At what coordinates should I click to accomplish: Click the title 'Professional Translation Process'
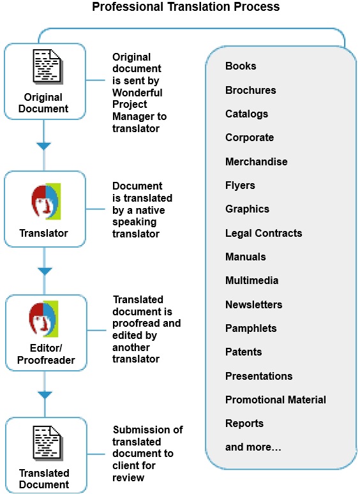point(186,8)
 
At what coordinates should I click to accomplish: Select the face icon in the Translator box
point(45,201)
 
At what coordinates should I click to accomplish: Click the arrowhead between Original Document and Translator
point(44,147)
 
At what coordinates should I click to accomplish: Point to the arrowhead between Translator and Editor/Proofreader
point(44,271)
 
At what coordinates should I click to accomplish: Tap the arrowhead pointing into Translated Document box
point(44,395)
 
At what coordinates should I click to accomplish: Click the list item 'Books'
point(241,66)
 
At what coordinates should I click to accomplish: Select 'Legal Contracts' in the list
point(264,233)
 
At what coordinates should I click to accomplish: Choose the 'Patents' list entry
point(243,352)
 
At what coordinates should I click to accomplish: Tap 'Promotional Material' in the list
point(275,400)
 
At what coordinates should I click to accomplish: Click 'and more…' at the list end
point(253,447)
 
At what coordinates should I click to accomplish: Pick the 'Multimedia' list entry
point(251,280)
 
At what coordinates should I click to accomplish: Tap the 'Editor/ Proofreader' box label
point(44,355)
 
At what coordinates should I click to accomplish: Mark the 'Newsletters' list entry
point(253,304)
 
